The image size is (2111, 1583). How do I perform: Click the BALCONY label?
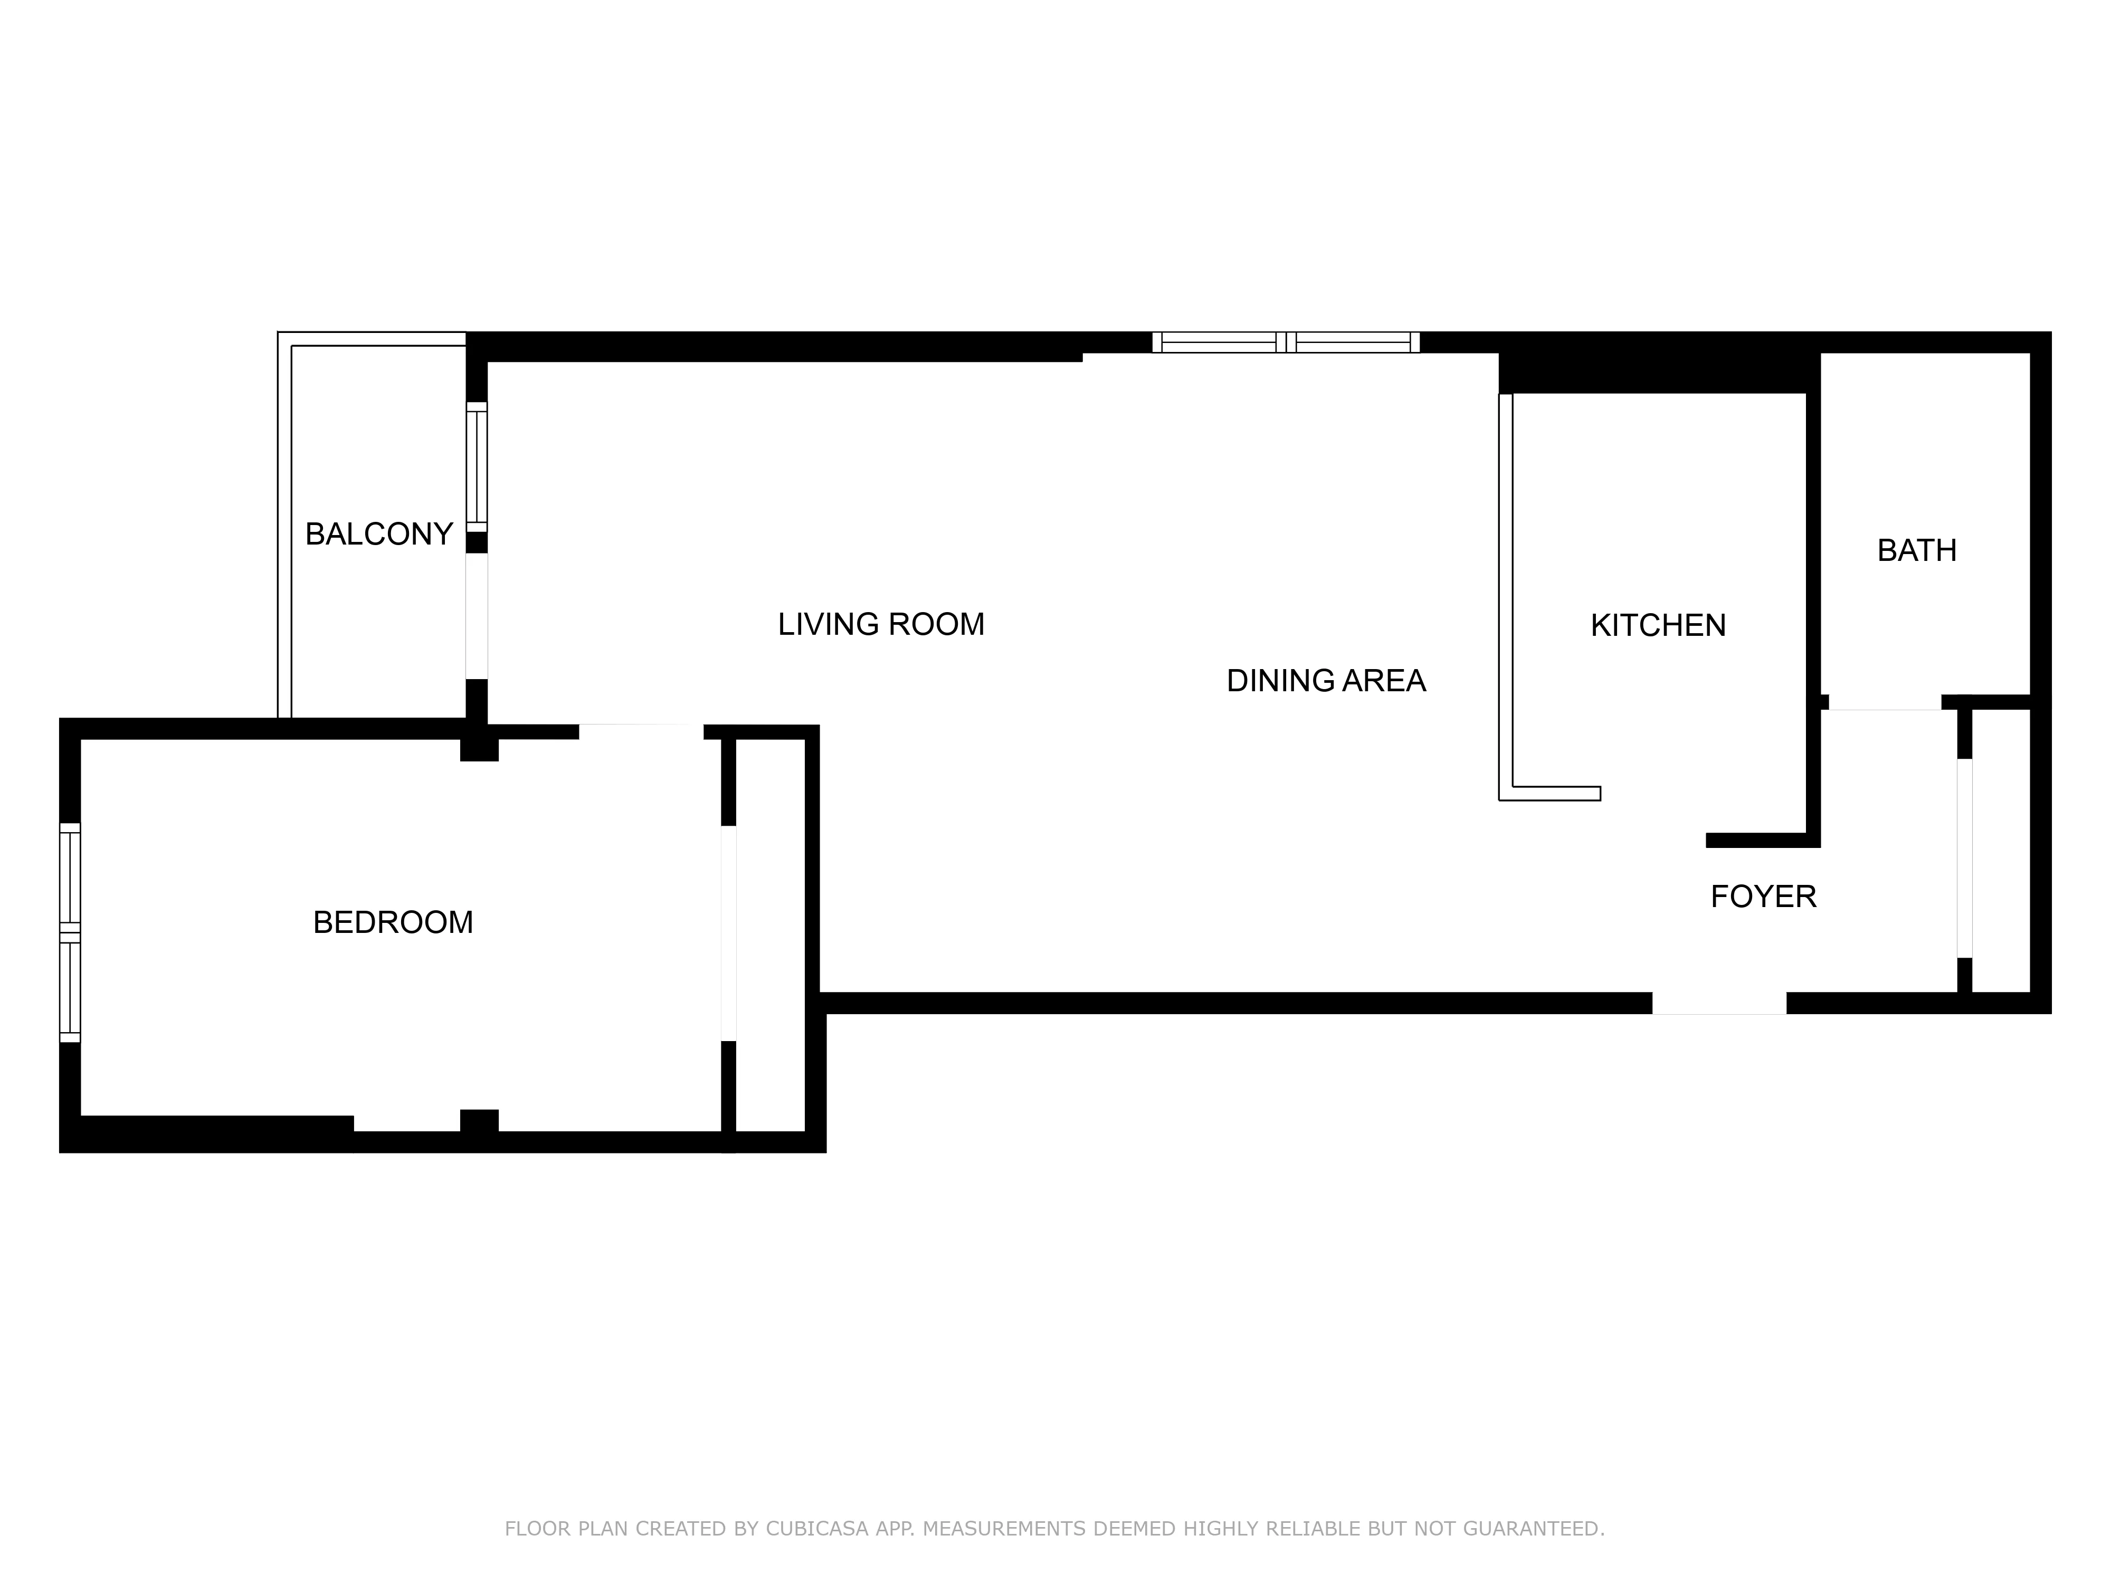[379, 535]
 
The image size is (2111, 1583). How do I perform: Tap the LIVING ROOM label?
[881, 624]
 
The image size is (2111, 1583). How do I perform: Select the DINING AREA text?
[1326, 680]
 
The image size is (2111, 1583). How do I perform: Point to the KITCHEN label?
[1658, 625]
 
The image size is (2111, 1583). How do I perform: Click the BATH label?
[1916, 550]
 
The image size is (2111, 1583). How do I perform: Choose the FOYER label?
[1763, 897]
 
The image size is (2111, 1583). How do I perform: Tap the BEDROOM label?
[393, 923]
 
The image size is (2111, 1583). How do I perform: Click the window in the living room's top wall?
[1286, 342]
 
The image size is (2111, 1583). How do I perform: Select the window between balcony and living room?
[476, 468]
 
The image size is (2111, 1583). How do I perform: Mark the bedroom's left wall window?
[70, 932]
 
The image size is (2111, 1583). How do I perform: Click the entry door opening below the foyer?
[1719, 1003]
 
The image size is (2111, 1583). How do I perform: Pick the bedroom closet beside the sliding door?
[771, 935]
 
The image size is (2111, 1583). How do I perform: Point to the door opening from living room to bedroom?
[641, 732]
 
